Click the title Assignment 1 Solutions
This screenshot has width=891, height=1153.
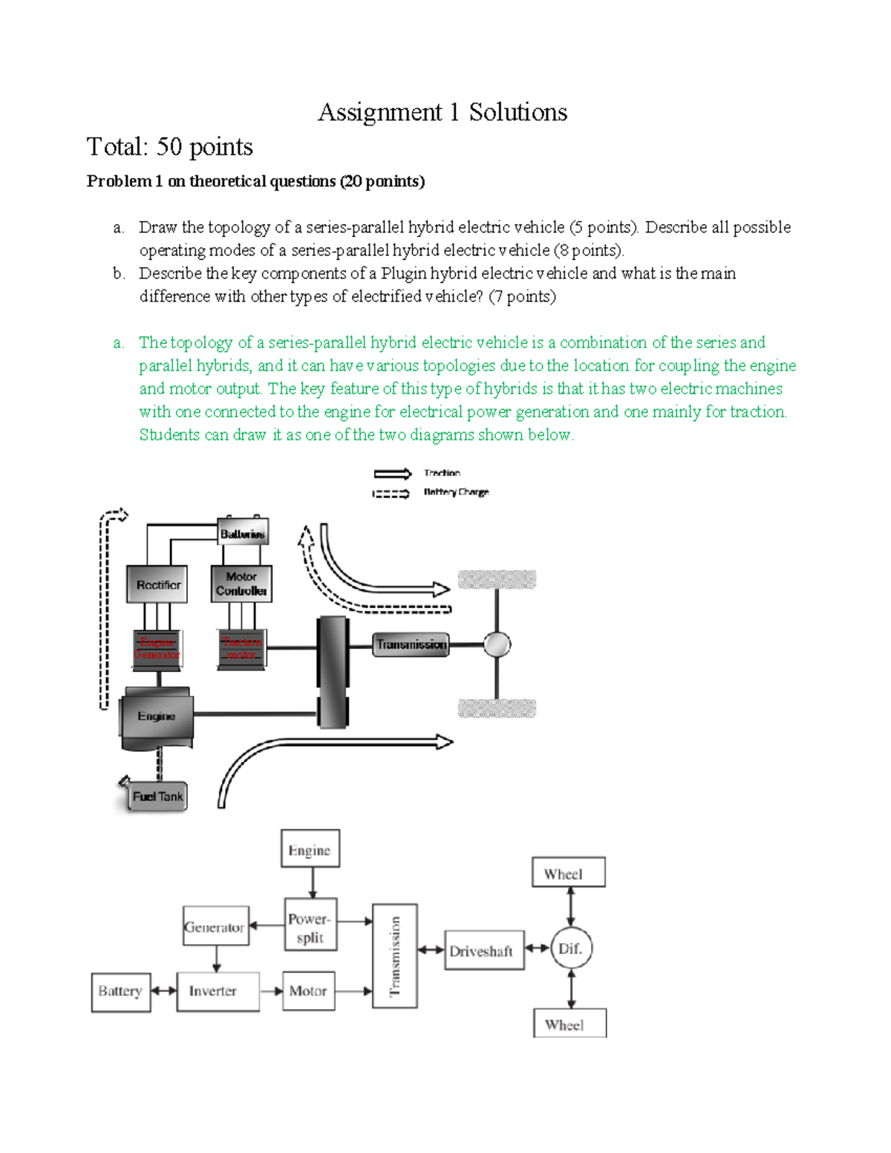(x=443, y=112)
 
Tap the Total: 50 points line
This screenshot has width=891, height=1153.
(x=170, y=147)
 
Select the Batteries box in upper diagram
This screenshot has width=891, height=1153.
(x=242, y=533)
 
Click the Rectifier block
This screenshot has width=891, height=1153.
(x=157, y=584)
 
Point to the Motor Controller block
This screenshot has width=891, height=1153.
(x=241, y=584)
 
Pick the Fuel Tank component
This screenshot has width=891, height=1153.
(x=157, y=797)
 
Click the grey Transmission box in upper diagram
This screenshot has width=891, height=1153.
(x=411, y=644)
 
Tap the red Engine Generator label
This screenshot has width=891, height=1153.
(x=157, y=648)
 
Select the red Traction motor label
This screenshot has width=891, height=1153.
(x=241, y=648)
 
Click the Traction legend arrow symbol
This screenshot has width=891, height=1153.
(x=392, y=474)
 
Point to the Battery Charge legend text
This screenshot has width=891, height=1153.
(x=456, y=491)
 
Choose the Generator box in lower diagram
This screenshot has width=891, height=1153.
(x=215, y=926)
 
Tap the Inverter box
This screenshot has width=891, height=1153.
(x=218, y=991)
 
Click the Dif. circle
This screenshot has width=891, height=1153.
(x=571, y=948)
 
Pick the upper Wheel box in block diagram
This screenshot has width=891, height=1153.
(x=568, y=872)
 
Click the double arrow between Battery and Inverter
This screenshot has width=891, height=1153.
(x=163, y=990)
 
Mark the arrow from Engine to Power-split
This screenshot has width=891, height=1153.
(x=313, y=882)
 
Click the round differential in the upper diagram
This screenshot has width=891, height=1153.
(x=497, y=644)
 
